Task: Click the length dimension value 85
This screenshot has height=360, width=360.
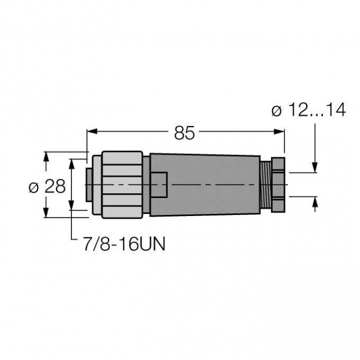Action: tap(185, 134)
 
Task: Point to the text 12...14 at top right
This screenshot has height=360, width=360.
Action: tap(317, 111)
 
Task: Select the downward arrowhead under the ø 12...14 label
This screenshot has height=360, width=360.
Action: tap(316, 168)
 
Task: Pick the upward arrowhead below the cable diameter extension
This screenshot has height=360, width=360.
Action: tap(316, 201)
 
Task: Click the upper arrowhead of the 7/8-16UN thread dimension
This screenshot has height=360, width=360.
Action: tap(72, 161)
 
